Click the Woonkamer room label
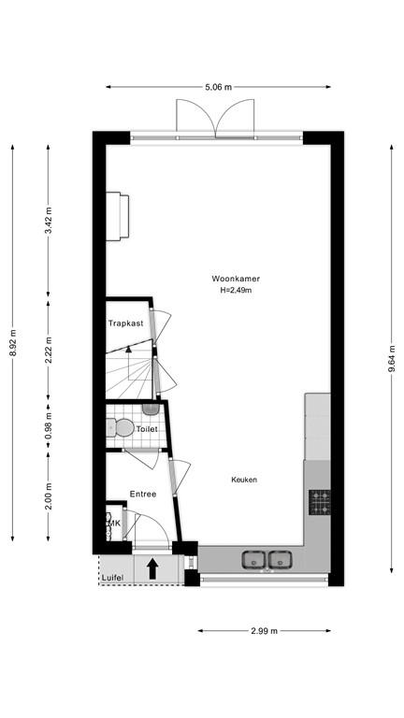(235, 279)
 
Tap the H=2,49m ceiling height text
(235, 290)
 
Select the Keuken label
(244, 480)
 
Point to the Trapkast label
(126, 323)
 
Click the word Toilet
(147, 429)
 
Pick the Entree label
(142, 493)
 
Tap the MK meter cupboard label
(114, 524)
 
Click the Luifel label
(113, 577)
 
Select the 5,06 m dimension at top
(218, 87)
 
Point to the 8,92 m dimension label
(13, 342)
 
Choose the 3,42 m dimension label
(49, 221)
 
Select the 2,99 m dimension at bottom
(264, 631)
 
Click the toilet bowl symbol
(122, 428)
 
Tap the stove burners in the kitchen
(320, 502)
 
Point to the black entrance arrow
(152, 567)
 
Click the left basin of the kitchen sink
(253, 559)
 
